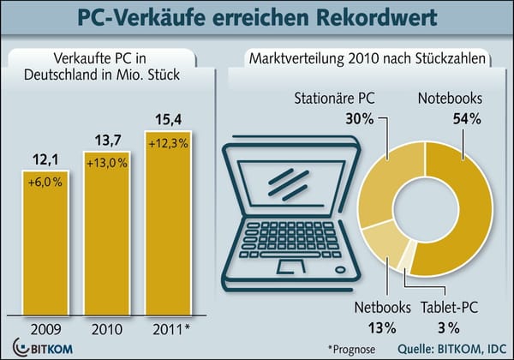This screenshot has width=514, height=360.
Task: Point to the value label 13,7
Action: tap(109, 139)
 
